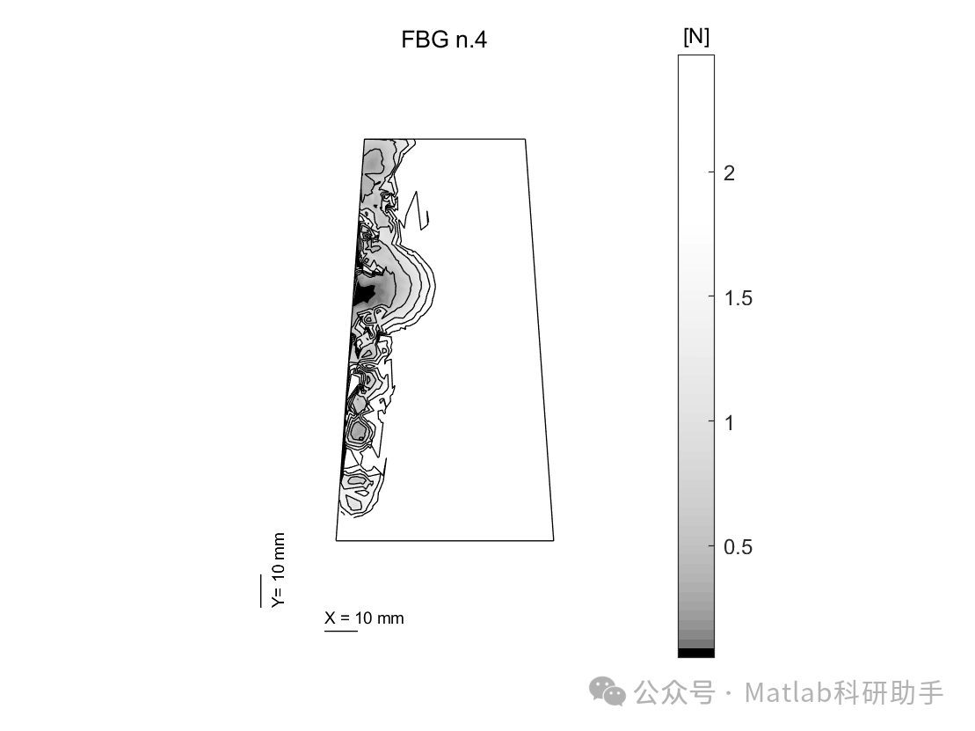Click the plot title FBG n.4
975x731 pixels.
443,40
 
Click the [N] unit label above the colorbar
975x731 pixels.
695,37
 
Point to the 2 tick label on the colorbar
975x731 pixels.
730,172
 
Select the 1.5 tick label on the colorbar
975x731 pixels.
739,297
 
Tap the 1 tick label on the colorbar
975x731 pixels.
730,422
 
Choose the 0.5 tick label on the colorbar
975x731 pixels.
739,547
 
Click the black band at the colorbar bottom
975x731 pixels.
696,653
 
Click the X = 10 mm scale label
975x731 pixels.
364,618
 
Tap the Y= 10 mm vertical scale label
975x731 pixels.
278,569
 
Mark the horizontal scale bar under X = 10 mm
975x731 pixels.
341,631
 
